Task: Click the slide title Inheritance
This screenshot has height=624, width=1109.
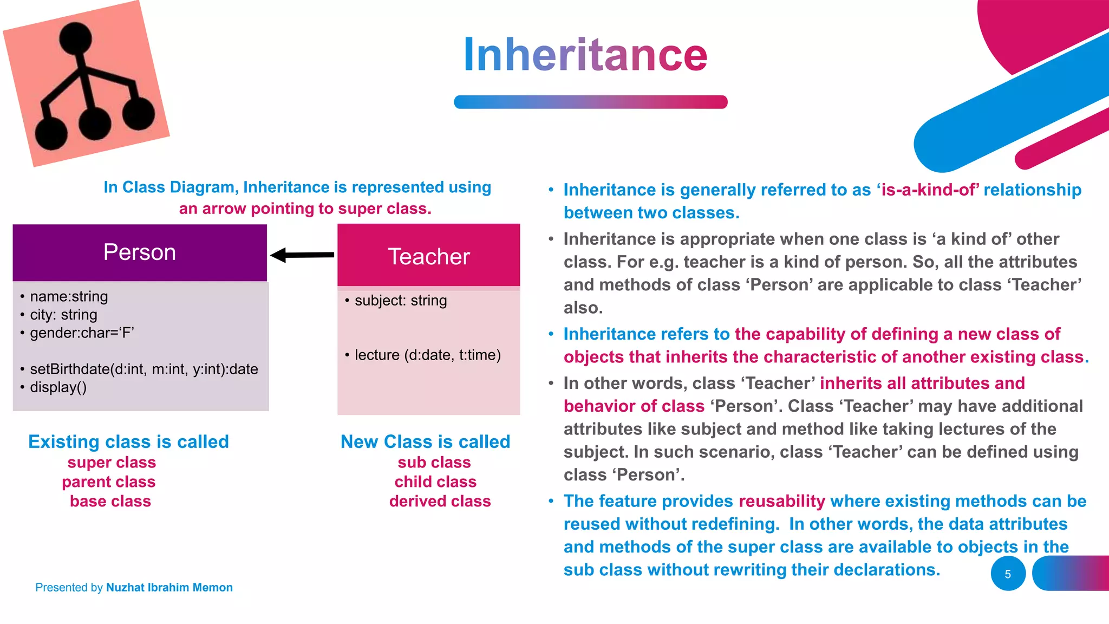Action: tap(585, 55)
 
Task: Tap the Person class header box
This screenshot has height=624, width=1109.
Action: tap(140, 252)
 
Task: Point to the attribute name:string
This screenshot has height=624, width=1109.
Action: tap(69, 296)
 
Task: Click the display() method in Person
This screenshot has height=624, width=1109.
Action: tap(58, 387)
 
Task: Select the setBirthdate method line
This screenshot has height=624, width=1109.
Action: tap(143, 369)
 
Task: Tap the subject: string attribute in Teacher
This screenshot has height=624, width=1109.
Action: tap(400, 300)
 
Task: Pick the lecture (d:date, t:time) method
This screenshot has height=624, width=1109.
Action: tap(427, 355)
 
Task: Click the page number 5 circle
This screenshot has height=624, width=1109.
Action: tap(1008, 574)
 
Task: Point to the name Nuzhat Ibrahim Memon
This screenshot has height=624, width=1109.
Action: tap(169, 587)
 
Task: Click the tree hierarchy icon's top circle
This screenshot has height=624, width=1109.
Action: tap(75, 39)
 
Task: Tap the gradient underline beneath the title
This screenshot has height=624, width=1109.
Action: tap(590, 102)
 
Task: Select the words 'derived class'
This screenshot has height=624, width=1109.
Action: tap(440, 501)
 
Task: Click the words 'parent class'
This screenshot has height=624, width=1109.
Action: tap(108, 482)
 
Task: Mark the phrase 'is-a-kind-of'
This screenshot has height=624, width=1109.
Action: tap(928, 190)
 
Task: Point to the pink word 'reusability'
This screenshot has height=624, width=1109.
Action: tap(781, 501)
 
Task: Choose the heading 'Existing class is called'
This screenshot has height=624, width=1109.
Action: tap(128, 441)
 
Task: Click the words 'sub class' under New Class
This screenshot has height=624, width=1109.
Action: tap(434, 462)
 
